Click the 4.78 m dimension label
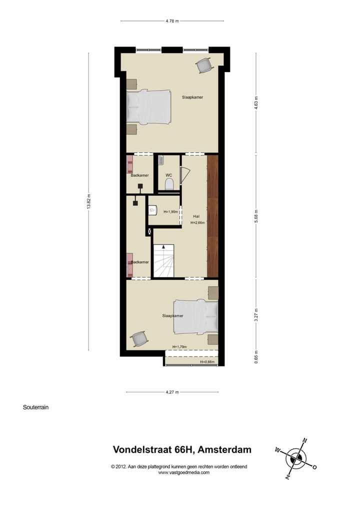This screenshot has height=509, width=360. [x=172, y=21]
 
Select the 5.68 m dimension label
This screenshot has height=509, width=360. [x=256, y=216]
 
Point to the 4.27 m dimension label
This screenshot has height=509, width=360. [x=172, y=392]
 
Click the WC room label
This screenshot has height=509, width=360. [x=168, y=175]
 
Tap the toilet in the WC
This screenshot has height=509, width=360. [x=169, y=185]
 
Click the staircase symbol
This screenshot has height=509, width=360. [x=163, y=261]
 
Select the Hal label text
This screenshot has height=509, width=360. [x=196, y=216]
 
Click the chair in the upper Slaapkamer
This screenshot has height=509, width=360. [x=204, y=65]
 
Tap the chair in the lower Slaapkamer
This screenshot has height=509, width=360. [x=139, y=339]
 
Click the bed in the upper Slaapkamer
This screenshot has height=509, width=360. [x=149, y=106]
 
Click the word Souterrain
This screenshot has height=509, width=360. [x=35, y=407]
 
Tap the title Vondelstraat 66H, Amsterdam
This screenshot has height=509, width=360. [x=182, y=449]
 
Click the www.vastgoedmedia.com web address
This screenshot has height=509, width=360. [x=184, y=472]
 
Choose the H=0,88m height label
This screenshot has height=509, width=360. [x=207, y=362]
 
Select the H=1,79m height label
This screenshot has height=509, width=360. [x=179, y=346]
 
